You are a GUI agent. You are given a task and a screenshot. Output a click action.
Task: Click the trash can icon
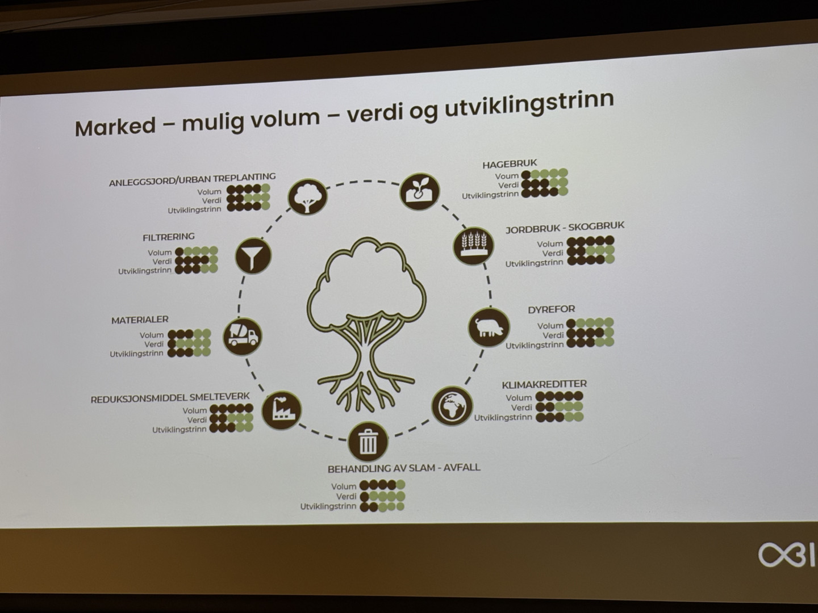[x=368, y=442]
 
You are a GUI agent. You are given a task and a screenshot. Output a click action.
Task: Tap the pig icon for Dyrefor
[x=489, y=327]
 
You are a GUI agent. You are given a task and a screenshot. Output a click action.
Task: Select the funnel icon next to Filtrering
[x=253, y=255]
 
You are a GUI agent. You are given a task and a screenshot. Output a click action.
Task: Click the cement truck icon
[x=243, y=336]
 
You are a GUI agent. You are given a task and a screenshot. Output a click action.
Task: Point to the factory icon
[x=282, y=410]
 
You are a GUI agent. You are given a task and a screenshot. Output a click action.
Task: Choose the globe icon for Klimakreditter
[x=452, y=406]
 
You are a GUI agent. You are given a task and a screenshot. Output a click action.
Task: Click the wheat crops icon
[x=473, y=246]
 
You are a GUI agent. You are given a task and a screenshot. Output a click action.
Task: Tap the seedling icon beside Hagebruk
[x=420, y=191]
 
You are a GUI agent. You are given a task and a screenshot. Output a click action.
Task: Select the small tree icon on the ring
[x=307, y=196]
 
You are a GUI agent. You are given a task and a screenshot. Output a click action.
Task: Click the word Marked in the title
[x=115, y=127]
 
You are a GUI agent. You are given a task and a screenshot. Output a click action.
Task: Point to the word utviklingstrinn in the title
[x=529, y=104]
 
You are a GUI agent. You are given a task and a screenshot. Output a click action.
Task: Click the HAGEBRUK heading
[x=510, y=164]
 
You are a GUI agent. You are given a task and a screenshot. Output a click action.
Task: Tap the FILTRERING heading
[x=169, y=237]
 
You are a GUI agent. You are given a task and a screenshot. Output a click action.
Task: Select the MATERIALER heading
[x=140, y=320]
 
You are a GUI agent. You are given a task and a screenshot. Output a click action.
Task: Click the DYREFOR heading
[x=551, y=309]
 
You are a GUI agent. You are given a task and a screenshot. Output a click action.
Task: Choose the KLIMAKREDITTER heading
[x=544, y=384]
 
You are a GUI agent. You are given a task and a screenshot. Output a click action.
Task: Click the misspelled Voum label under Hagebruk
[x=507, y=176]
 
